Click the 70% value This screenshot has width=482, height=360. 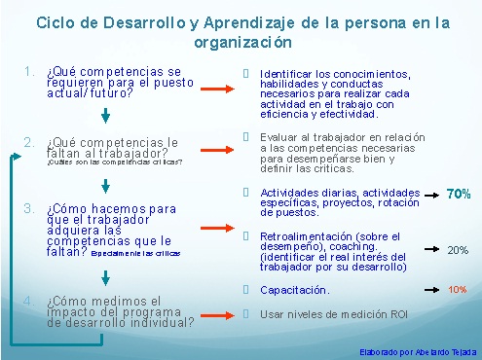pyautogui.click(x=458, y=195)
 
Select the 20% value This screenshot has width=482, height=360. pyautogui.click(x=458, y=250)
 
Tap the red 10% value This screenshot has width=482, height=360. pyautogui.click(x=458, y=290)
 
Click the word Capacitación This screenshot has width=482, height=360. pyautogui.click(x=295, y=290)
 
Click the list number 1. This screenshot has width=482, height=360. pyautogui.click(x=30, y=72)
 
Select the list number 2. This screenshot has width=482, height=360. pyautogui.click(x=30, y=142)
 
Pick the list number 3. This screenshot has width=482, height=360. pyautogui.click(x=30, y=207)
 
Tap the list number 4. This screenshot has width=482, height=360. pyautogui.click(x=30, y=300)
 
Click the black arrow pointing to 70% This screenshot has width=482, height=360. pyautogui.click(x=426, y=195)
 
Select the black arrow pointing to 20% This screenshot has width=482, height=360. pyautogui.click(x=426, y=250)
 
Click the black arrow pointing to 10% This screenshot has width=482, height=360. pyautogui.click(x=426, y=290)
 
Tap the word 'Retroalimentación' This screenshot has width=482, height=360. pyautogui.click(x=299, y=235)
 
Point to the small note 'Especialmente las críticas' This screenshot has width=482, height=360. pyautogui.click(x=136, y=252)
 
